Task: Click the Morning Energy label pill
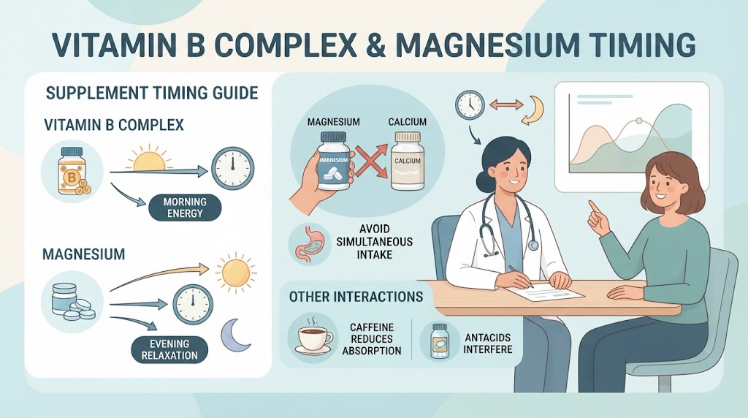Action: point(185,208)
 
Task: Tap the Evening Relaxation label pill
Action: point(169,349)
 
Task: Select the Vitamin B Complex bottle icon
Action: point(72,171)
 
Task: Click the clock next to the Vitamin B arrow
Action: point(232,168)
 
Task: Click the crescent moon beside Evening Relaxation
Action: point(234,335)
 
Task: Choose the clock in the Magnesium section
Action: point(192,305)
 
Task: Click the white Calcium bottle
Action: point(408,161)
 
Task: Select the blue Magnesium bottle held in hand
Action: point(333,161)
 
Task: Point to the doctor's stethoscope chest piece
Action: point(533,246)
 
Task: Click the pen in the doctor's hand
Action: point(520,276)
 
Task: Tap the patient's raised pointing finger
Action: point(593,207)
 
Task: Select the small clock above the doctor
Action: point(470,104)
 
